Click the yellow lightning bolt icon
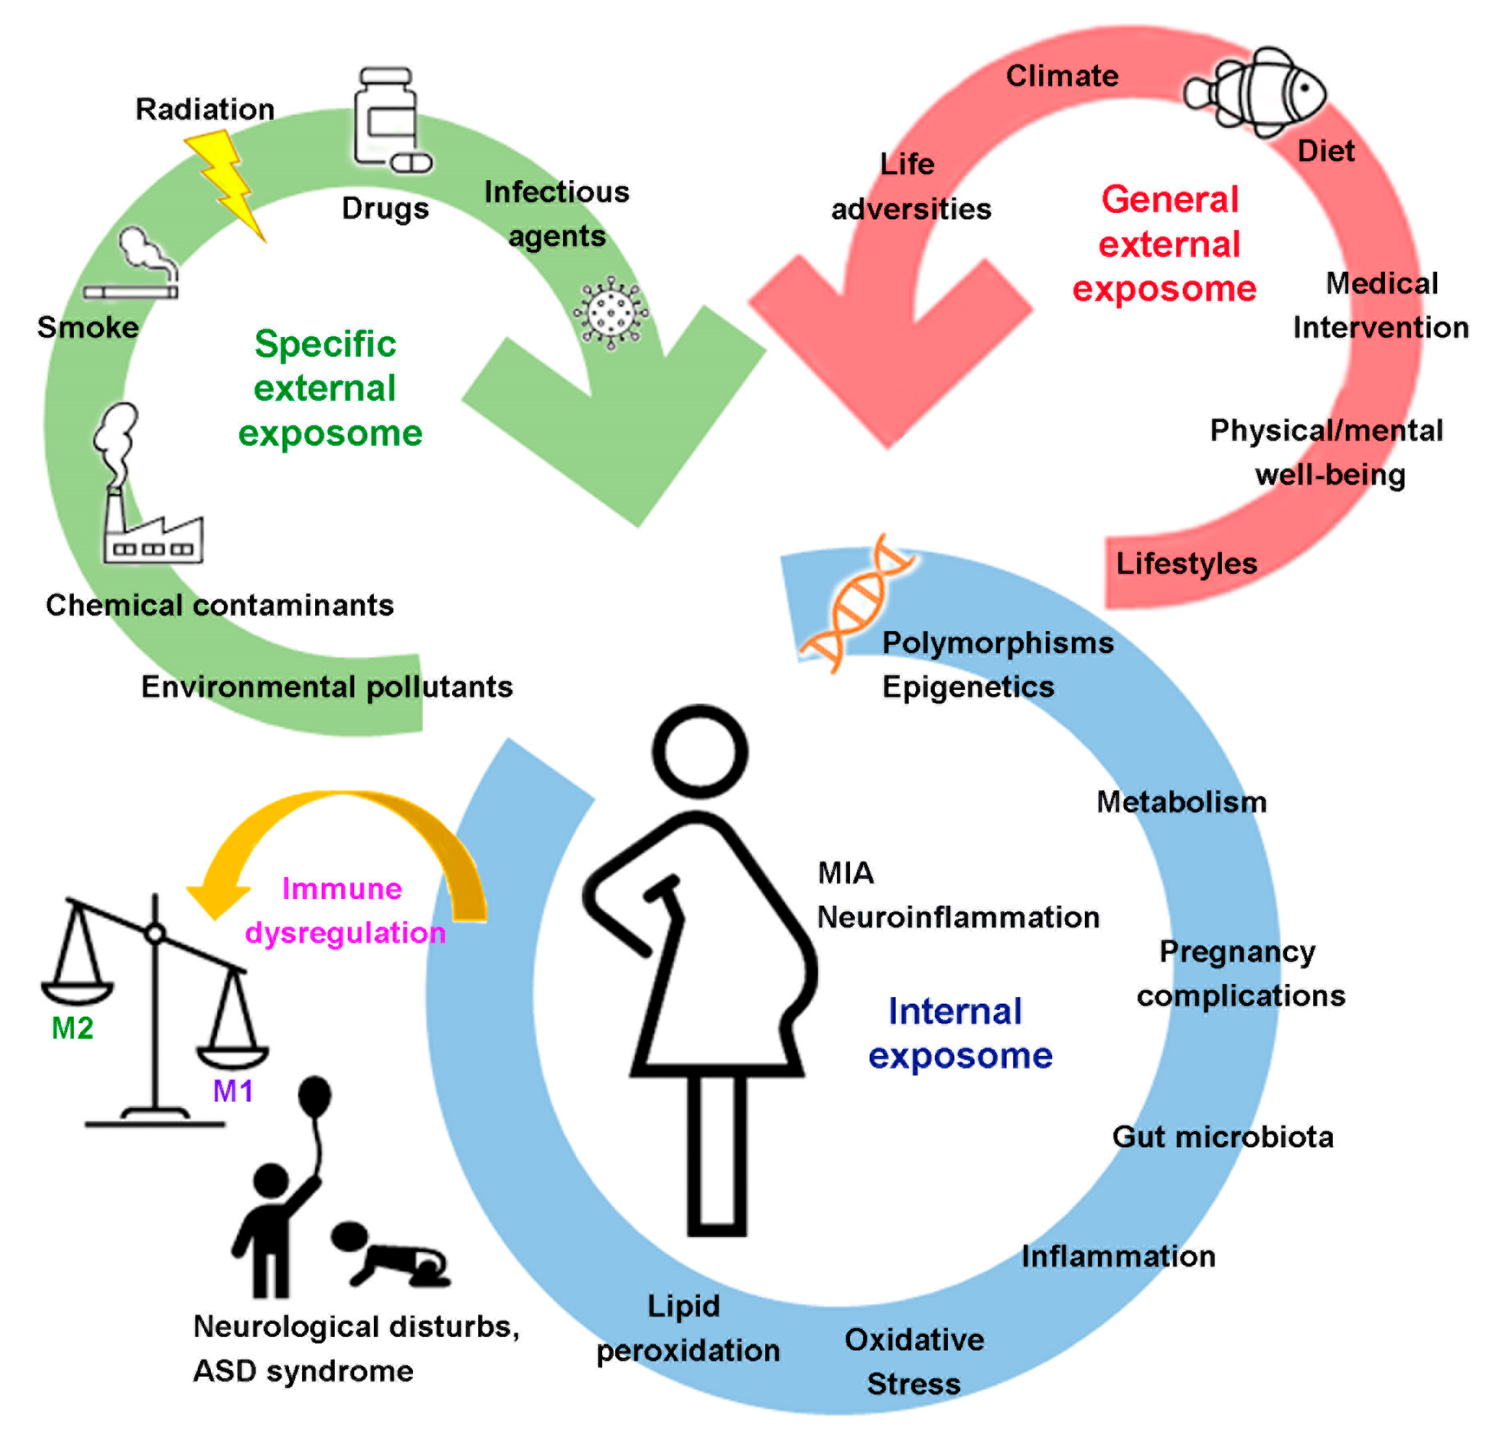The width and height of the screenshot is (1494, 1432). click(227, 183)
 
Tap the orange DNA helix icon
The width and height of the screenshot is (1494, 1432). click(857, 602)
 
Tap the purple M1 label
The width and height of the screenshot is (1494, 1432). click(232, 1091)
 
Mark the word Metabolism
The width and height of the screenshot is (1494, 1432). click(1181, 802)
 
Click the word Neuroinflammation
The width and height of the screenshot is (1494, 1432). click(958, 917)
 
